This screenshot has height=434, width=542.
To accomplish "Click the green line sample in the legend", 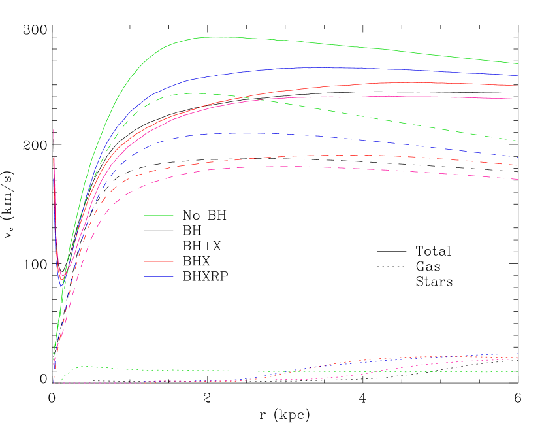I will [x=159, y=215].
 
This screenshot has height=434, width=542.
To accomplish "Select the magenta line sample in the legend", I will [x=159, y=246].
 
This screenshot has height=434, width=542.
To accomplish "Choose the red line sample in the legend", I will [x=159, y=261].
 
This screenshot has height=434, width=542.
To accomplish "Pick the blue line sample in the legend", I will [x=159, y=231].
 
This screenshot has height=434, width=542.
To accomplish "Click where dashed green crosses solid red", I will [x=248, y=98].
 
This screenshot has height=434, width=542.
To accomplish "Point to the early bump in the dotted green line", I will [x=85, y=367].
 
